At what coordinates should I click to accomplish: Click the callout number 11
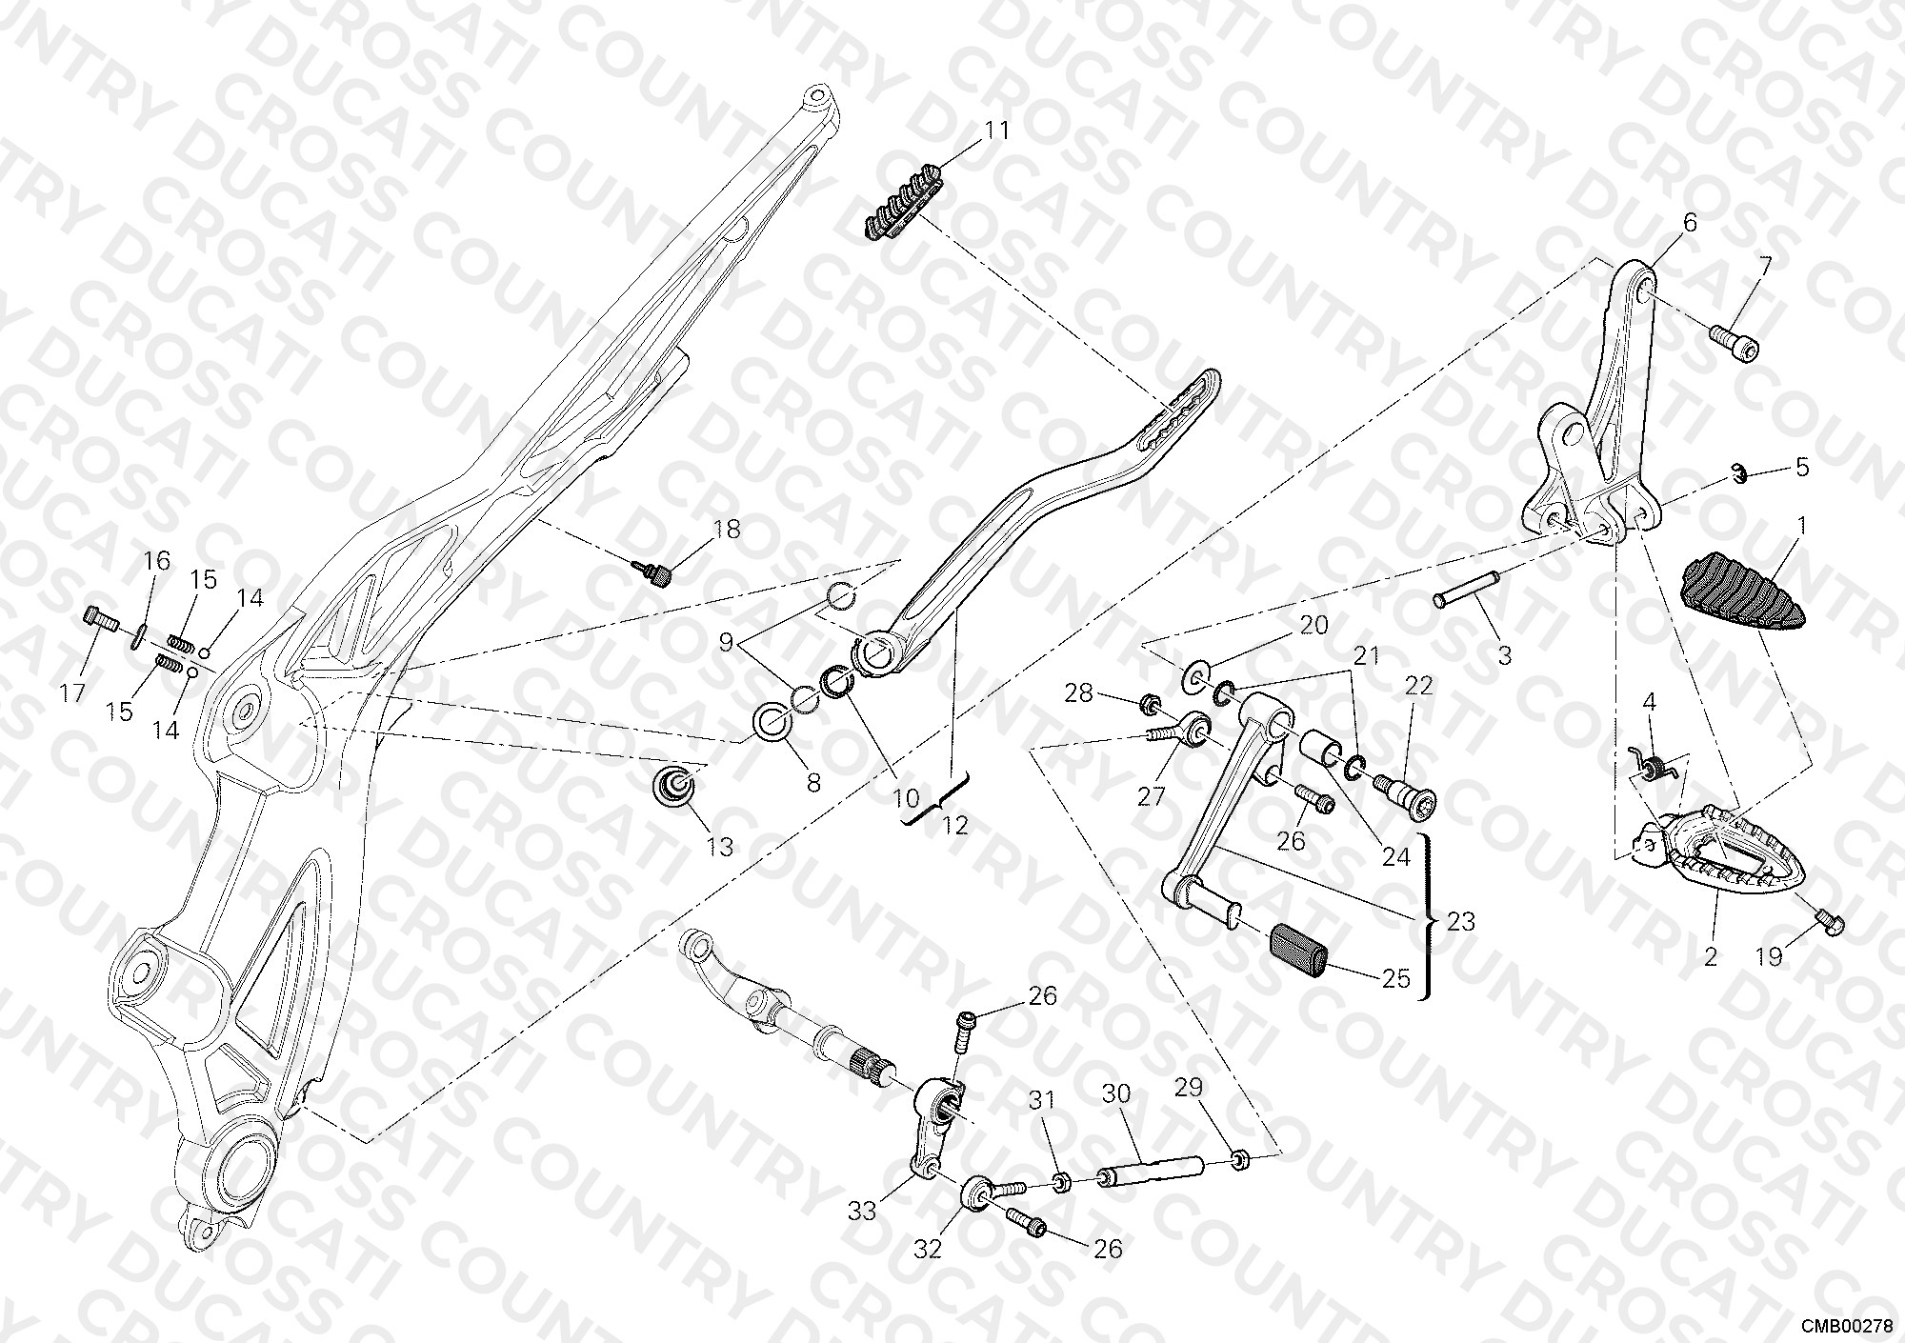click(996, 130)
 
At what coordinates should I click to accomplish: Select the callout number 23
click(1460, 921)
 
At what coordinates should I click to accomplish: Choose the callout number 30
click(1116, 1093)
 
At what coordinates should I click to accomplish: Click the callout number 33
click(862, 1212)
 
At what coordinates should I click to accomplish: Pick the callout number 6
click(1690, 224)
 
